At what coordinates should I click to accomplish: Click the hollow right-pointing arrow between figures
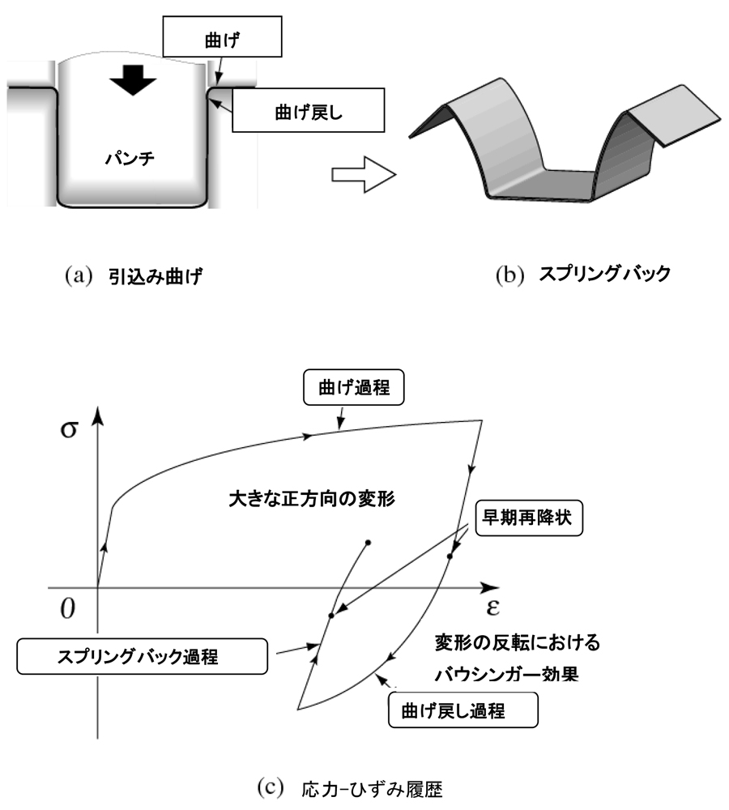pos(362,174)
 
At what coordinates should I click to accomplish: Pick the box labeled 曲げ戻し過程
pos(463,711)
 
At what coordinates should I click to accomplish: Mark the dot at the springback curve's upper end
pos(369,542)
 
